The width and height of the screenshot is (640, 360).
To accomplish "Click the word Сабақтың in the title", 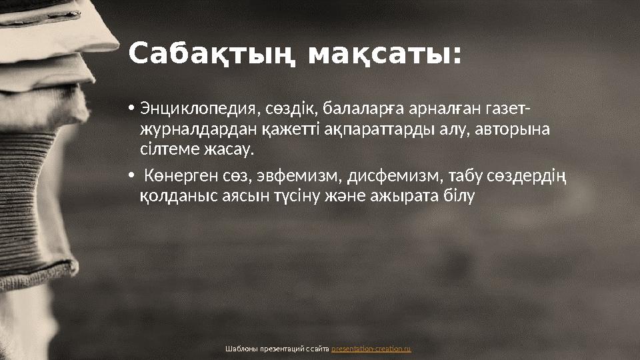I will (x=213, y=55).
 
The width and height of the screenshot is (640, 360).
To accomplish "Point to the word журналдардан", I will (x=190, y=129).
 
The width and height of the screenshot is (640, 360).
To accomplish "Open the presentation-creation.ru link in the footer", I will (x=371, y=349).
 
